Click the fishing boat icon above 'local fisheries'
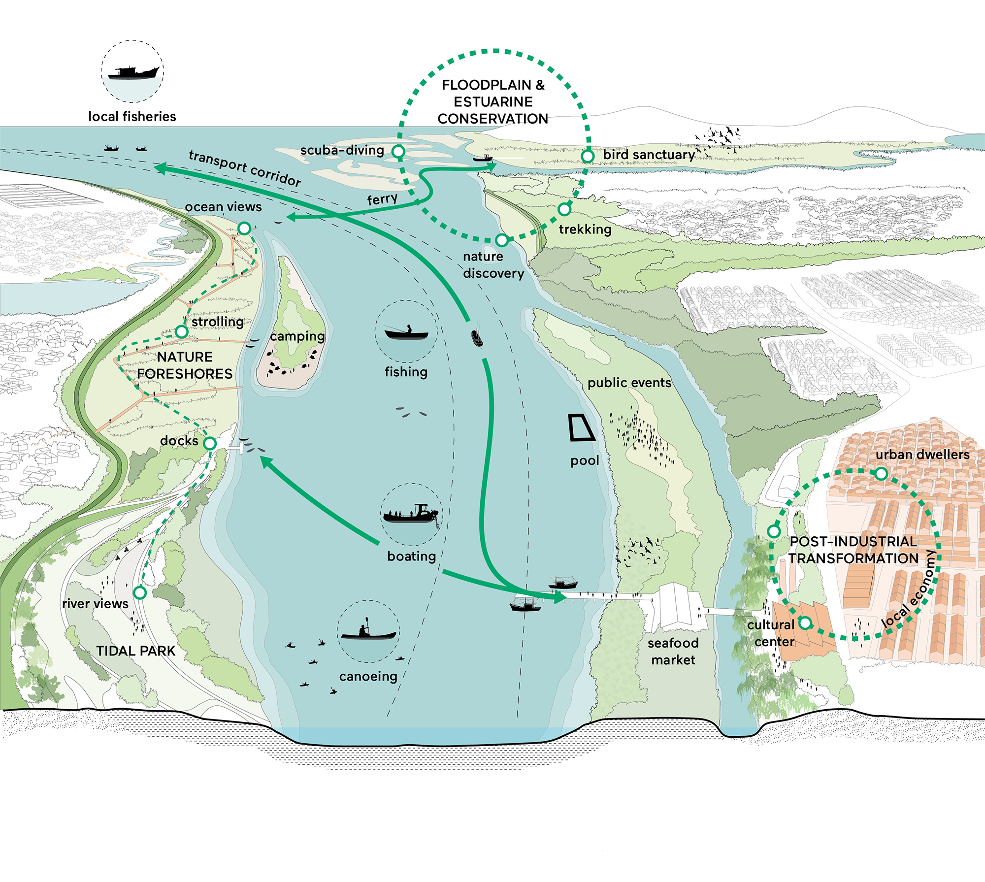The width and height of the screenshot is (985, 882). pos(133,72)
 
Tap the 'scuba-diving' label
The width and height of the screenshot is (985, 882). pos(342,150)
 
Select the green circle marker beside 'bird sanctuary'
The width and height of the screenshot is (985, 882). pos(588,157)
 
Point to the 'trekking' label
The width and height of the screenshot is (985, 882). pos(585,229)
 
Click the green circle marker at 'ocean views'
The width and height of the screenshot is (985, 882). pos(244,228)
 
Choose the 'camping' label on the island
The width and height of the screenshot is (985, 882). pos(297,336)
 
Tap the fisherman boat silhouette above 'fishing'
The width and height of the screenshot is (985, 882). pos(406,333)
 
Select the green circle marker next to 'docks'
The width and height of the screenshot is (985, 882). pos(210,443)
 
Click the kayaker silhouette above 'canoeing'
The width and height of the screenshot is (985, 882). pos(368,631)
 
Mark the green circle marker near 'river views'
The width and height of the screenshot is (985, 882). pos(140,592)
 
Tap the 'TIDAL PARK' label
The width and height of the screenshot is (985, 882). pos(135,651)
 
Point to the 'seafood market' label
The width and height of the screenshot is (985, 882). pos(673,652)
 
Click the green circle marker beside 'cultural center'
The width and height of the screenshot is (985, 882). pos(805,623)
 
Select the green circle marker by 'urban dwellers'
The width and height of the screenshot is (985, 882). pos(881,474)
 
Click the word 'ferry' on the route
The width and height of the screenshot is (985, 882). pos(383,199)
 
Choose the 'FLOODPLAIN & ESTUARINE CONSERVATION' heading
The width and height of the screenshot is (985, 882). pos(493,102)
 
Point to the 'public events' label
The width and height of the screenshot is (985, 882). pos(629,383)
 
